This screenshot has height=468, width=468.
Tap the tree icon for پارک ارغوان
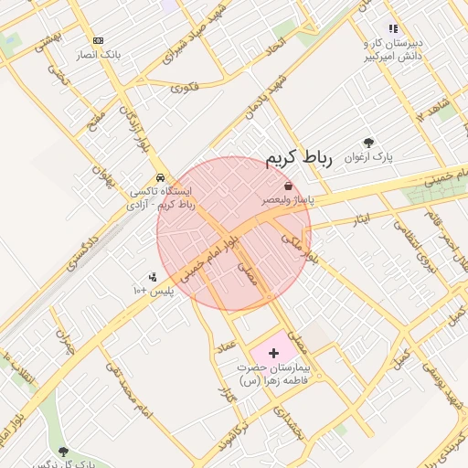367,143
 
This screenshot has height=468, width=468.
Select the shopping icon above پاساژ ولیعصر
289,186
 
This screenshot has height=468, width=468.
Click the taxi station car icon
160,177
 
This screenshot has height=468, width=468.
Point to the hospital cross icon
274,352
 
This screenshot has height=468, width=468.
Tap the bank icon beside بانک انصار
99,40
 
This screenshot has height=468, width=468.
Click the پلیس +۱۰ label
154,291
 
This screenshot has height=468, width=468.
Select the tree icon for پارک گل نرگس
63,452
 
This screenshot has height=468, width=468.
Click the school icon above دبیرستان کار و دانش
393,29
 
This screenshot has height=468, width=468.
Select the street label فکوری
184,88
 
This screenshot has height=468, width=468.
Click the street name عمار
228,347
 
